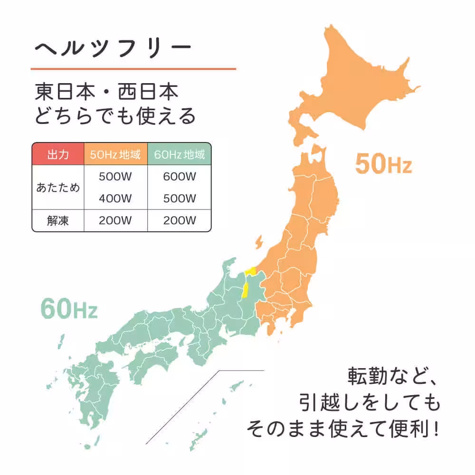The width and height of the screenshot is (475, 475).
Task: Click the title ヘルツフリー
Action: pyautogui.click(x=113, y=48)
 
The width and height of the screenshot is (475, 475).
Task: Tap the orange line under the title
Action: pyautogui.click(x=133, y=69)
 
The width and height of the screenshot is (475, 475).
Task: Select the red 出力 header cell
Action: pyautogui.click(x=58, y=154)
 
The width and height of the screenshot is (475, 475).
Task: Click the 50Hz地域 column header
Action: pyautogui.click(x=115, y=154)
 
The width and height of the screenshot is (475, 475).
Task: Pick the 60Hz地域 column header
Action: pyautogui.click(x=180, y=154)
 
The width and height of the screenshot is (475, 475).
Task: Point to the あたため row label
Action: pyautogui.click(x=58, y=187)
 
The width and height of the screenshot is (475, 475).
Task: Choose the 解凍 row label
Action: pyautogui.click(x=58, y=220)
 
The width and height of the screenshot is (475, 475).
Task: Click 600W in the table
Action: pyautogui.click(x=180, y=176)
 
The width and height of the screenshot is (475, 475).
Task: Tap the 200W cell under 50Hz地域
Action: pyautogui.click(x=115, y=220)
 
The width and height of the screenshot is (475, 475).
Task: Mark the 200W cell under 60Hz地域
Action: pyautogui.click(x=180, y=220)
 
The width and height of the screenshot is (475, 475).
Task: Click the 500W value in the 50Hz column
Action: pyautogui.click(x=115, y=176)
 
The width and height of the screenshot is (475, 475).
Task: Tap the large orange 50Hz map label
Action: pyautogui.click(x=383, y=164)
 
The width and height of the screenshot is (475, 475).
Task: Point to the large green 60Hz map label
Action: pyautogui.click(x=69, y=309)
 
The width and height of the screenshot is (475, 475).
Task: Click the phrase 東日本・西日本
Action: pyautogui.click(x=107, y=92)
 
